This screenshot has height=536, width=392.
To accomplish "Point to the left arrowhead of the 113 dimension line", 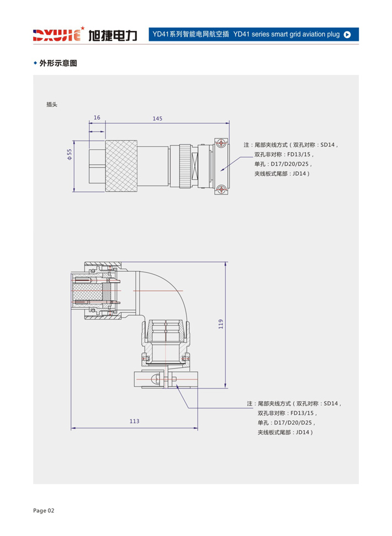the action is pyautogui.click(x=73, y=428).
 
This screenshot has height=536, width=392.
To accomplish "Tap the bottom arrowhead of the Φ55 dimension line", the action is pyautogui.click(x=74, y=190).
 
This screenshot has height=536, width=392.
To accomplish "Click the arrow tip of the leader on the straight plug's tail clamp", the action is pyautogui.click(x=221, y=170).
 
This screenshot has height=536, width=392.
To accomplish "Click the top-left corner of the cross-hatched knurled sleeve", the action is pyautogui.click(x=105, y=140).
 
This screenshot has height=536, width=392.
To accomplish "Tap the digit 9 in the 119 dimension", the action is pyautogui.click(x=221, y=322).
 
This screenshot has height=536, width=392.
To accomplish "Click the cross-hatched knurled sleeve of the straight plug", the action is pyautogui.click(x=121, y=166).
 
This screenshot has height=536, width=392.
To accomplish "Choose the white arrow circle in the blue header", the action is pyautogui.click(x=347, y=34).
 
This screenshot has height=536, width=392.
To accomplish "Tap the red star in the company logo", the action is pyautogui.click(x=82, y=28).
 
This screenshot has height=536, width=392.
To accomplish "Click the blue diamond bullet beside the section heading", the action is pyautogui.click(x=35, y=63).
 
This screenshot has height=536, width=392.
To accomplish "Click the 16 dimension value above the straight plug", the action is pyautogui.click(x=97, y=118).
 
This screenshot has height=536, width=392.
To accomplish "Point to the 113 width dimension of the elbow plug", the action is pyautogui.click(x=135, y=421).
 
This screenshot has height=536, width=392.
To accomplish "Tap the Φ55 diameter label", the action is pyautogui.click(x=70, y=155).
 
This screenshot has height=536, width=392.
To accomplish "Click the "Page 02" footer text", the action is pyautogui.click(x=44, y=511).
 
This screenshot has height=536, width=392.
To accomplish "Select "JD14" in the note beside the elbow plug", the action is pyautogui.click(x=303, y=433).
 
